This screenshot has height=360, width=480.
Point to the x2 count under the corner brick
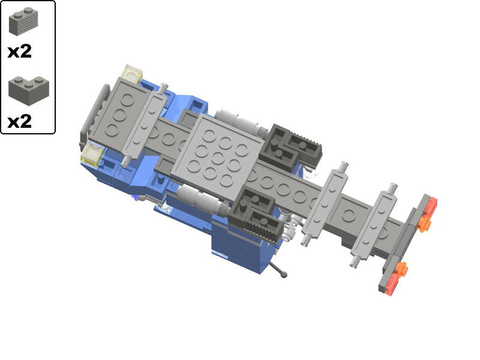[20, 122]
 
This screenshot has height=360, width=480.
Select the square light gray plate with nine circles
[217, 157]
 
